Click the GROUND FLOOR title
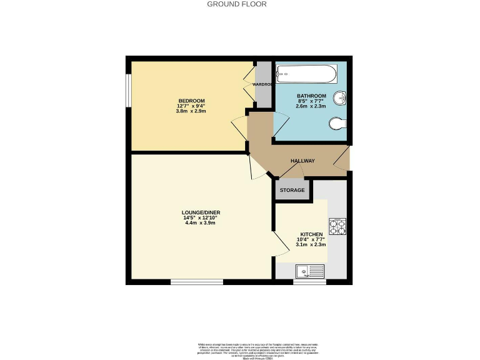[237, 4]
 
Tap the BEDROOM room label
[191, 101]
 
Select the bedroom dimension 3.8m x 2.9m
[191, 111]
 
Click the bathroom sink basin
[340, 98]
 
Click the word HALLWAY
[302, 161]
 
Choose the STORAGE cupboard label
[292, 190]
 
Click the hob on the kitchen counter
[338, 226]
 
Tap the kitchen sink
[309, 271]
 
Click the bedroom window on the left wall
[127, 91]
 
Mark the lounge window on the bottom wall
[197, 282]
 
